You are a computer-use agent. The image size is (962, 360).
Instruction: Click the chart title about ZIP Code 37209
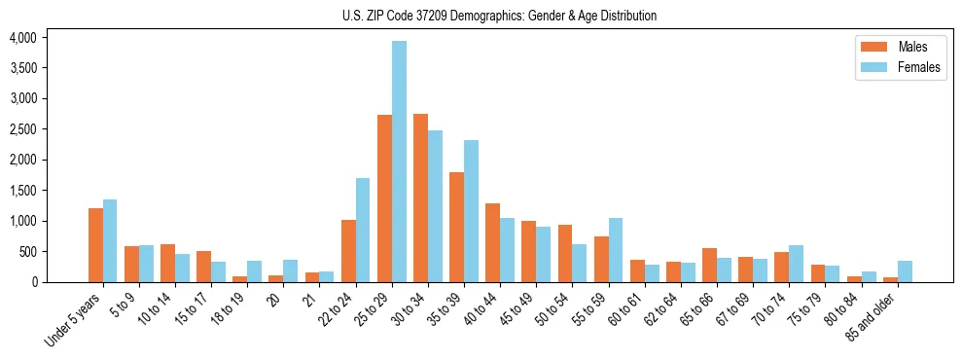click(x=499, y=16)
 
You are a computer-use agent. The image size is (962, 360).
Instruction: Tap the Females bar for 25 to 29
click(x=399, y=162)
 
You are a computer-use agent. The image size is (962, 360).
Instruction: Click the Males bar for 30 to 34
click(x=420, y=198)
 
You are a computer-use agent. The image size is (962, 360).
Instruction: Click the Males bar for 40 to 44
click(x=492, y=243)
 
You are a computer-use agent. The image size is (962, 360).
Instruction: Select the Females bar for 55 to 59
click(x=616, y=250)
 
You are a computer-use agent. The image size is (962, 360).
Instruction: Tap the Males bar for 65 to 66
click(x=709, y=266)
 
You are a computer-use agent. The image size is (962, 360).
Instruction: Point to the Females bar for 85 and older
click(x=905, y=271)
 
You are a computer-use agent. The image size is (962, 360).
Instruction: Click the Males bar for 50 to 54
click(x=564, y=254)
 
